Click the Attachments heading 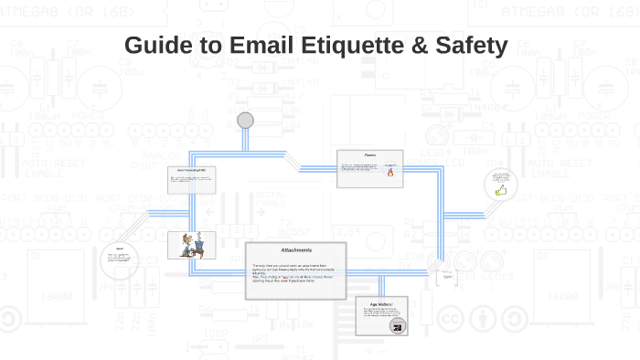click(296, 250)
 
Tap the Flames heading click(369, 155)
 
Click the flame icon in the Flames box click(390, 171)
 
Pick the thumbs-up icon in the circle click(500, 192)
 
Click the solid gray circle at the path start click(245, 121)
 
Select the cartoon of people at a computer click(191, 245)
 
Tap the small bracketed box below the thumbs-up click(447, 277)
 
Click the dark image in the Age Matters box click(396, 326)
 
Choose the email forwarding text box click(192, 178)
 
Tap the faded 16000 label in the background click(45, 295)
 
